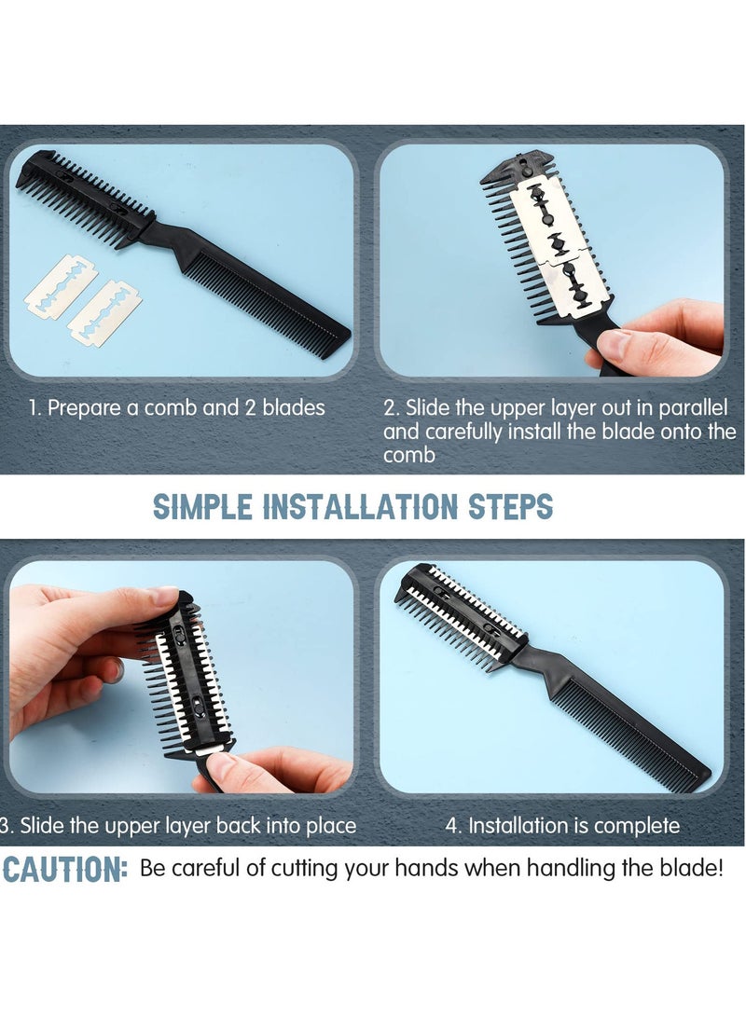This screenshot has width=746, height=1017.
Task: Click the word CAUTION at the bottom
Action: tap(65, 870)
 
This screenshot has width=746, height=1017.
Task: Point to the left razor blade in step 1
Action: tap(60, 286)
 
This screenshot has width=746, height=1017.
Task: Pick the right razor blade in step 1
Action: tap(104, 313)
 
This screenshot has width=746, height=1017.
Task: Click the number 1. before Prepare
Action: tap(35, 407)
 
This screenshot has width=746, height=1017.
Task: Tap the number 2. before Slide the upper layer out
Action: tap(392, 408)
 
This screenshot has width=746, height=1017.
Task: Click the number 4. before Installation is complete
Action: tap(454, 825)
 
